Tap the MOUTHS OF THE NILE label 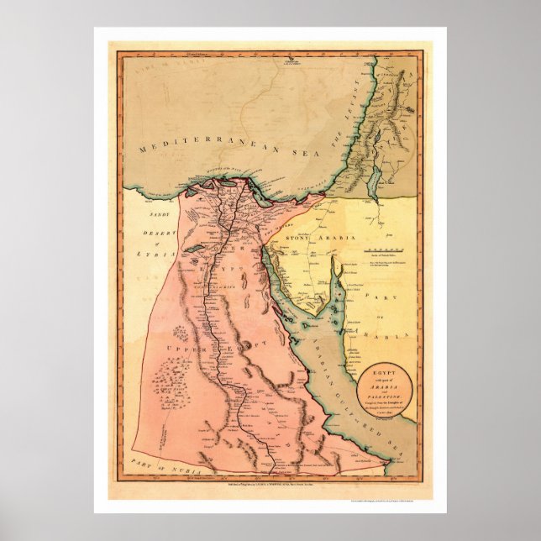(223, 177)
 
